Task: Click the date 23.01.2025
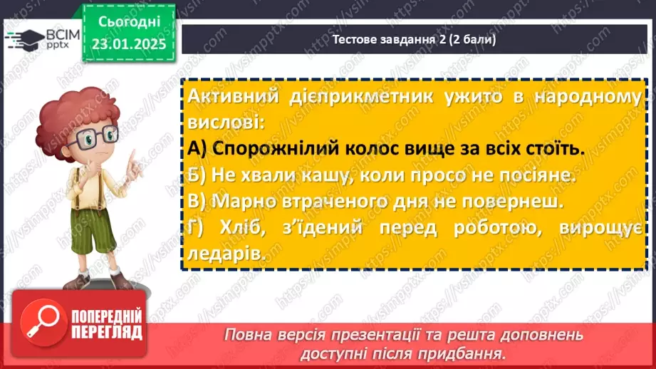coord(128,43)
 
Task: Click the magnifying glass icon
coord(40,324)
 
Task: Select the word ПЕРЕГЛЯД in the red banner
coord(107,333)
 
